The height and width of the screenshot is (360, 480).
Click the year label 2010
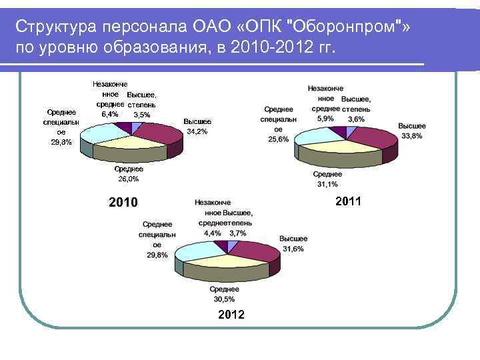123,202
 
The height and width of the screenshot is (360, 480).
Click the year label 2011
348,201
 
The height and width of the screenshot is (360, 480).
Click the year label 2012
231,314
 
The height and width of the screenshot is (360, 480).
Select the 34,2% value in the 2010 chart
197,132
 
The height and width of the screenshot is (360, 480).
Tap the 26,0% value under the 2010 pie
128,179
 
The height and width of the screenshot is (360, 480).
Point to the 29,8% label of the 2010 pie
61,142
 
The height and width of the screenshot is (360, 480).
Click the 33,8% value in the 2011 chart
412,136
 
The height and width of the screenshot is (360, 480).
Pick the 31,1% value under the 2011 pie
327,184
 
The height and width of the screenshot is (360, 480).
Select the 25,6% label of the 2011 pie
278,139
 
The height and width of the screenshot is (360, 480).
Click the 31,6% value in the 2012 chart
293,249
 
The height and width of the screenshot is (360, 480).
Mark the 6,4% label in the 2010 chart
109,114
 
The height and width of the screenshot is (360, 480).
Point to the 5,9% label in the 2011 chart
325,118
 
